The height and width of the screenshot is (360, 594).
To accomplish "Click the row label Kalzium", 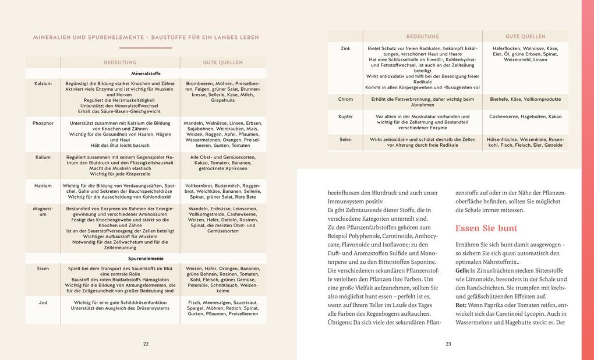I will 43,83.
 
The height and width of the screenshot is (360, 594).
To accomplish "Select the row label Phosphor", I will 43,123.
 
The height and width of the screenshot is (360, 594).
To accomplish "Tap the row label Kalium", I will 43,157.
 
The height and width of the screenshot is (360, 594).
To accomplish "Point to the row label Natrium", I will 43,186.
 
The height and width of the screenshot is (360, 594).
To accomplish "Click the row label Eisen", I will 43,269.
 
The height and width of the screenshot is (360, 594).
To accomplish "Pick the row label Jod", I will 43,302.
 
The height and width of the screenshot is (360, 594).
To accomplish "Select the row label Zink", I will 345,48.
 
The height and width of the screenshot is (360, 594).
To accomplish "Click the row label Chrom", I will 345,99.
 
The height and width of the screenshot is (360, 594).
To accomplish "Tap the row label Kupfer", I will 345,117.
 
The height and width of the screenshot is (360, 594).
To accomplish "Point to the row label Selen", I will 345,139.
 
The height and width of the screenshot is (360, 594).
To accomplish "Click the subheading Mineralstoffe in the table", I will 146,74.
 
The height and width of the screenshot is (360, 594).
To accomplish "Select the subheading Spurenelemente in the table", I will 146,259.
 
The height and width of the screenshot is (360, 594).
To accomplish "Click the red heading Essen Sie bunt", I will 486,228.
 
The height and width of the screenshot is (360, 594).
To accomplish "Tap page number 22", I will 146,344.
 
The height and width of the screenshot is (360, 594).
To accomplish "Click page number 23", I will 448,344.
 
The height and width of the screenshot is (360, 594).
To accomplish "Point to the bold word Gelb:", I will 462,271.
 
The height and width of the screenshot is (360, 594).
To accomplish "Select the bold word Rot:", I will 461,305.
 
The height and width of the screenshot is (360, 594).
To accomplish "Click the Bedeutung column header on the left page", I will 121,62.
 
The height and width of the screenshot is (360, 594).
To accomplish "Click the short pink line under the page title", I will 146,48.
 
